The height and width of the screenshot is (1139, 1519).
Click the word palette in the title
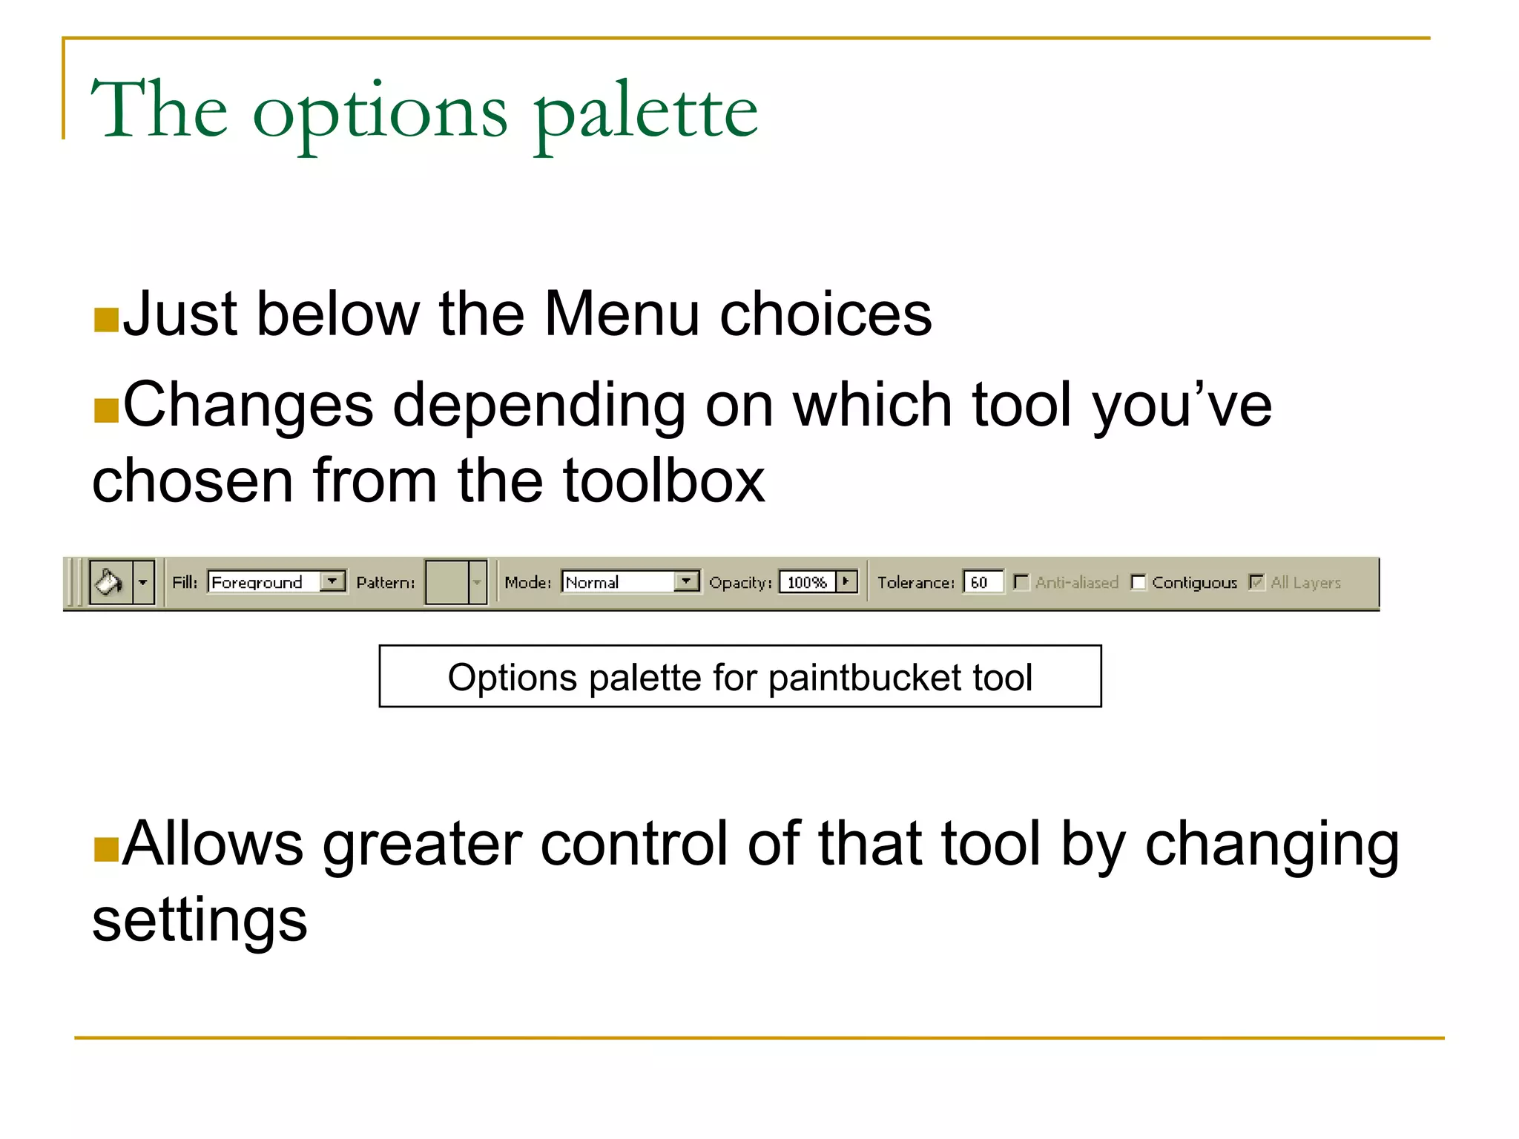645,111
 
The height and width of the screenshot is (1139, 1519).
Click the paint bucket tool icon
110,582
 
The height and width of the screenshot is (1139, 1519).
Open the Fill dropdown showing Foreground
276,582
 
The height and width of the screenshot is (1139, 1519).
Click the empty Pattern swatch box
447,582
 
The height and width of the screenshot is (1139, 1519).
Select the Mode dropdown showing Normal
630,582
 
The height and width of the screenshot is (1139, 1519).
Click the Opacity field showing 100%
807,582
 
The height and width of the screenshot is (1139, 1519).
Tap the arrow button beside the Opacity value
846,581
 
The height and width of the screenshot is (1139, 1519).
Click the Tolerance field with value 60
982,582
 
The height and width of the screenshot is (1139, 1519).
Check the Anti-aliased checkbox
1021,582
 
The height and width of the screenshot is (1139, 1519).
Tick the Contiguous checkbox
1139,582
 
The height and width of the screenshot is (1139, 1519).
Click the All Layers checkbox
1256,582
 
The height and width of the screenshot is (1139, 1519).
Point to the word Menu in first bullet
622,314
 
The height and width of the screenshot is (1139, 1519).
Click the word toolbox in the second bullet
663,481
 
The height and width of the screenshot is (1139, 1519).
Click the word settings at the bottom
200,921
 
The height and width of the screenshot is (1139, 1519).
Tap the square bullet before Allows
106,850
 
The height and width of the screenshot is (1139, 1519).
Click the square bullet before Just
106,320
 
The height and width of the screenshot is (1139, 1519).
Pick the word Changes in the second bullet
248,406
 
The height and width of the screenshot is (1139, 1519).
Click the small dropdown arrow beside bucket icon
143,582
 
